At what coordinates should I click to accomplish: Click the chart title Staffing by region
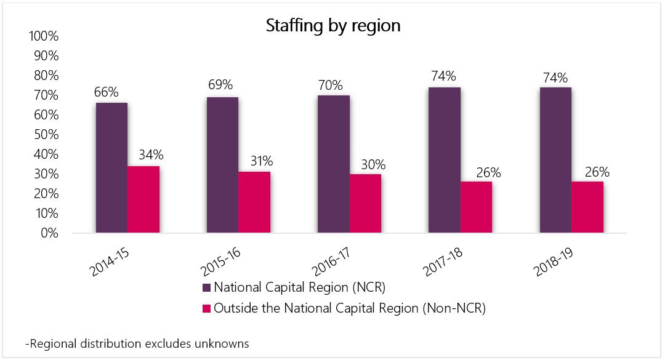tap(333, 26)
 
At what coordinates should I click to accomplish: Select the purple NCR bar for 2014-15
tap(111, 168)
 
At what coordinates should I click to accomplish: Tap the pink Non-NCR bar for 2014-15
tap(143, 199)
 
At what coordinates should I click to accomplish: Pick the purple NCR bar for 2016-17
tap(333, 164)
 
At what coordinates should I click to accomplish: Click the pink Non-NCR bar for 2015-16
tap(254, 202)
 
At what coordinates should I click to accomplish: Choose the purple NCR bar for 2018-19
tap(555, 160)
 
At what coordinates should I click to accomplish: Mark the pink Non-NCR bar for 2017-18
tap(476, 207)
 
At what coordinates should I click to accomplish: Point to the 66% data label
tap(106, 92)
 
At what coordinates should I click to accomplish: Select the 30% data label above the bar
tap(373, 164)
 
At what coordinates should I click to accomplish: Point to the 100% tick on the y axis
tap(43, 36)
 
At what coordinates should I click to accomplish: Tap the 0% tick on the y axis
tap(49, 233)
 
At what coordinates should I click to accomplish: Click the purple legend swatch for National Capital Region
tap(206, 287)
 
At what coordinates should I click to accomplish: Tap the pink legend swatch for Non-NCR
tap(206, 308)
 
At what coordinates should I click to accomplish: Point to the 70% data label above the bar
tap(331, 85)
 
